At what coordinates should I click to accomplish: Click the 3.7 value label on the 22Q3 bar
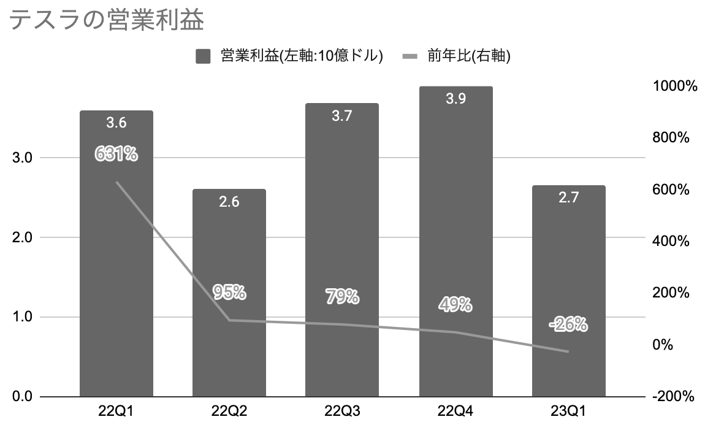(341, 116)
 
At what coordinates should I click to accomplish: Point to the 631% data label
(116, 154)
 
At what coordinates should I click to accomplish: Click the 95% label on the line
(229, 293)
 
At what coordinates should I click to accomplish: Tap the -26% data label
(568, 324)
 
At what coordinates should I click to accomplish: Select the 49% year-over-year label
(455, 304)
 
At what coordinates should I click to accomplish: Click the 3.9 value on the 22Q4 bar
(455, 99)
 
